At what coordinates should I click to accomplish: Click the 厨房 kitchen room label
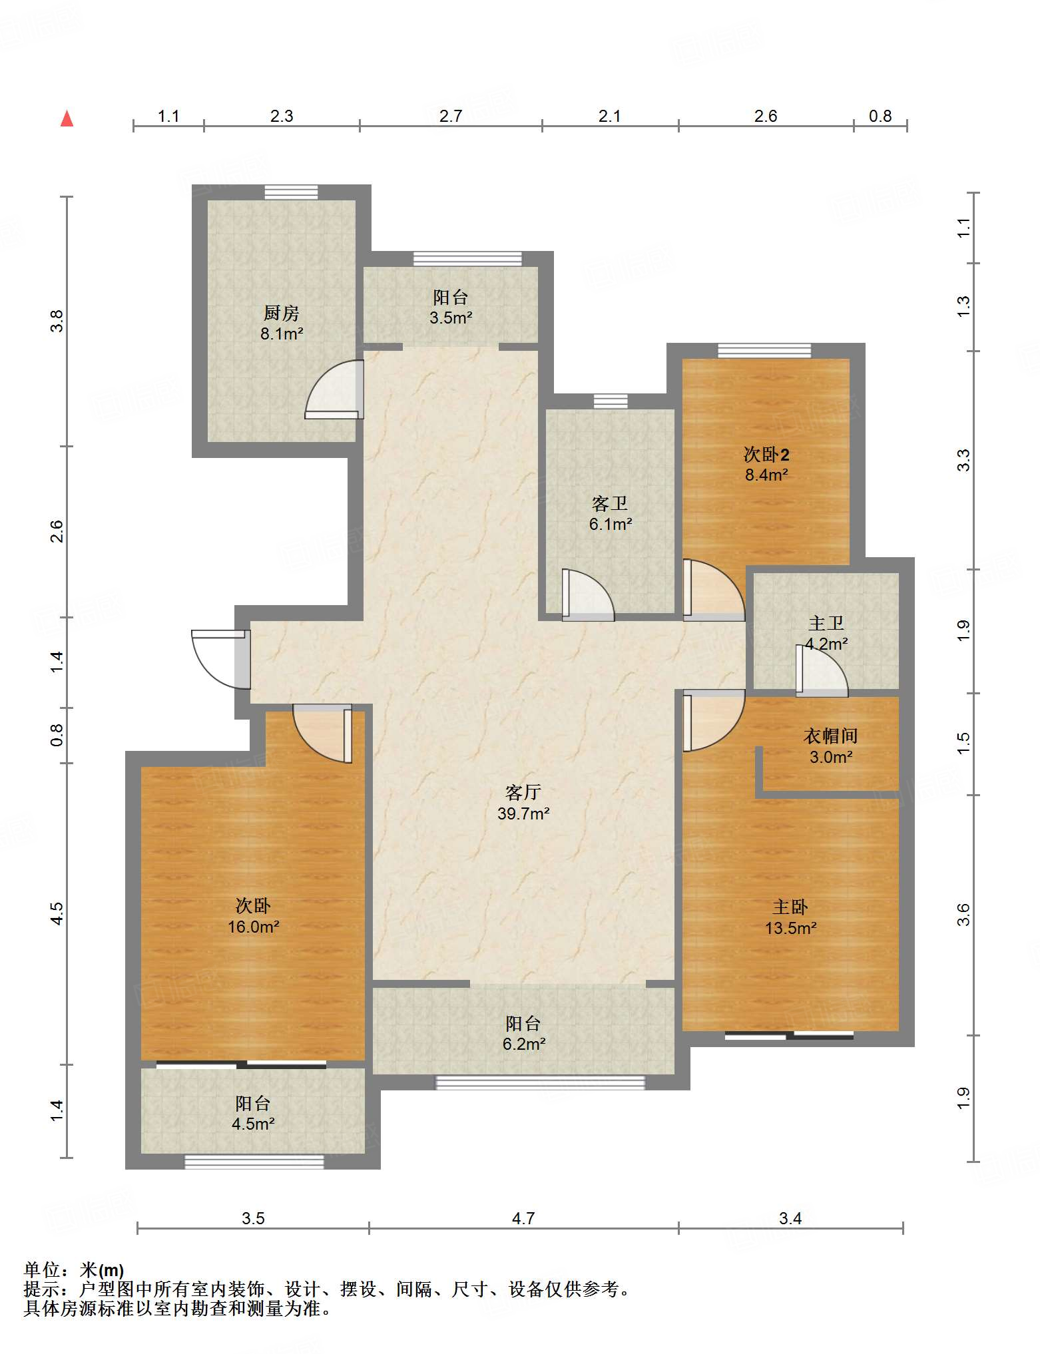tap(281, 312)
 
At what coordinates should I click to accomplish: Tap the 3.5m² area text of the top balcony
tap(451, 318)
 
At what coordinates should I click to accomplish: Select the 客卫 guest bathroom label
tap(610, 503)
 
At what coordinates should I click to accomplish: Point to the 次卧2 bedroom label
tap(766, 455)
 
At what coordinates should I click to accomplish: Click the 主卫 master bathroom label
tap(826, 623)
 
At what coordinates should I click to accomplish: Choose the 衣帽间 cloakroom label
tap(830, 736)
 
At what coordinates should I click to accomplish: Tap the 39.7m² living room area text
tap(523, 813)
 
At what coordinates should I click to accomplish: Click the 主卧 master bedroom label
tap(790, 907)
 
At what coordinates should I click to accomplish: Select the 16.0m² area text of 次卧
tap(253, 927)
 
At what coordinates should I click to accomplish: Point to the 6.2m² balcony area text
tap(524, 1044)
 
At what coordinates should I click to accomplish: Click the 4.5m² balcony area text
tap(253, 1124)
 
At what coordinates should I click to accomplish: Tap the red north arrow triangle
tap(67, 119)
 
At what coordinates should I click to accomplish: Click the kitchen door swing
tap(334, 389)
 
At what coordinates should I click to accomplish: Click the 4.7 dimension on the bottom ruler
tap(523, 1218)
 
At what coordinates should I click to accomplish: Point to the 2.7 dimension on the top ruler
tap(451, 116)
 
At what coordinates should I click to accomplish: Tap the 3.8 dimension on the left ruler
tap(57, 322)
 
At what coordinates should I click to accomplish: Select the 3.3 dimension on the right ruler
tap(964, 460)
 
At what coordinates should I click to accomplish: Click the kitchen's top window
tap(291, 192)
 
